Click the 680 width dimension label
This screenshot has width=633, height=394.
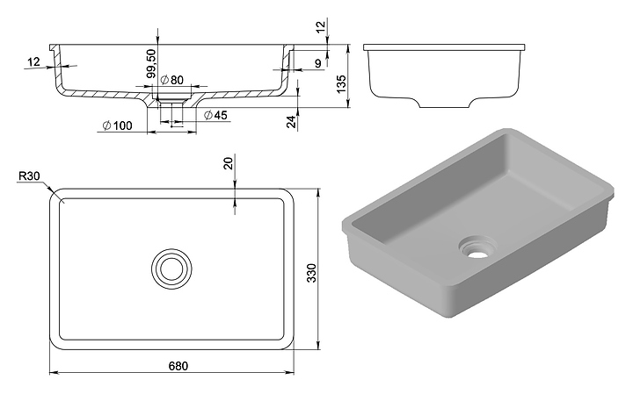(x=178, y=366)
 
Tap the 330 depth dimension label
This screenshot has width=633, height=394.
(x=311, y=273)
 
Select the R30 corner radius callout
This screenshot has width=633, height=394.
(x=29, y=176)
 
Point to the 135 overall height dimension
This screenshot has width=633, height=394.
(x=341, y=83)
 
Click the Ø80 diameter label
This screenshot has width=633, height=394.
(x=171, y=80)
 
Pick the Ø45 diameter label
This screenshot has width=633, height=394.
(x=215, y=115)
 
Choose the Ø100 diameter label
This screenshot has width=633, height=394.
(x=118, y=125)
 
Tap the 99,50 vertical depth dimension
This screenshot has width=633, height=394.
(x=151, y=64)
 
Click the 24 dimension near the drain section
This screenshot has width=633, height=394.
(x=291, y=121)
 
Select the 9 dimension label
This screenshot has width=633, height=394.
(x=318, y=63)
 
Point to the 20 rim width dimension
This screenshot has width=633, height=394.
(x=229, y=163)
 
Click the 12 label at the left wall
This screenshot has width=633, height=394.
(x=34, y=61)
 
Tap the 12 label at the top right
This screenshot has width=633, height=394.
(x=320, y=26)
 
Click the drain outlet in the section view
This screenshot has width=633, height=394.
(x=171, y=104)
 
